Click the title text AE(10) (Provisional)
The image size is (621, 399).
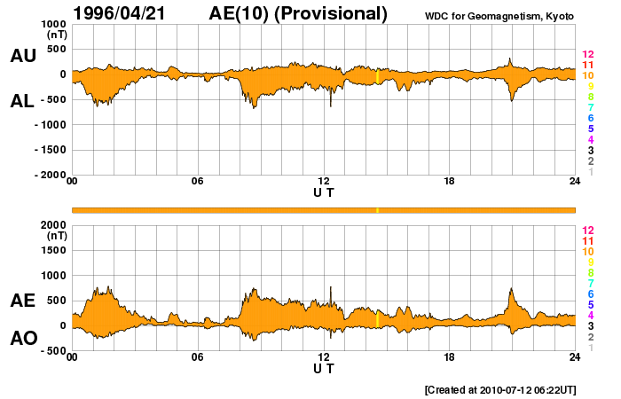pyautogui.click(x=298, y=13)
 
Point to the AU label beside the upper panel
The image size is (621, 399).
pyautogui.click(x=23, y=56)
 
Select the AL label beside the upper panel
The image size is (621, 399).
pyautogui.click(x=23, y=101)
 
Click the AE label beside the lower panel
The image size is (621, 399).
pyautogui.click(x=23, y=301)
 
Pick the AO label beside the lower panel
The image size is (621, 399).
pyautogui.click(x=23, y=339)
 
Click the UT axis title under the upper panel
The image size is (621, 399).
pyautogui.click(x=323, y=192)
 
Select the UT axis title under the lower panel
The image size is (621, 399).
pyautogui.click(x=323, y=367)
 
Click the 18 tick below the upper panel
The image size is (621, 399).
pyautogui.click(x=449, y=182)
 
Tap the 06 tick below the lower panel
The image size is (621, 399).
pyautogui.click(x=198, y=357)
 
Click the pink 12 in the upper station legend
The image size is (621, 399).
pyautogui.click(x=587, y=54)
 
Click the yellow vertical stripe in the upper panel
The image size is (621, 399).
pyautogui.click(x=378, y=76)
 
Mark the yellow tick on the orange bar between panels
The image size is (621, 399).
pyautogui.click(x=378, y=210)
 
